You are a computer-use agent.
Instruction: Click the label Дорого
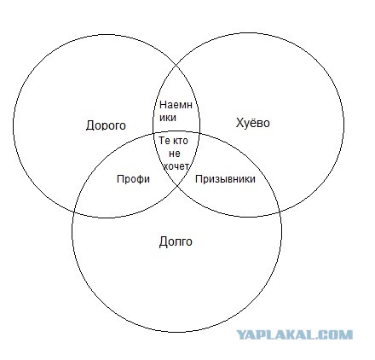(106, 125)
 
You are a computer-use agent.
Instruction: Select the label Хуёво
(253, 123)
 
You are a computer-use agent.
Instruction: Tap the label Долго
(176, 241)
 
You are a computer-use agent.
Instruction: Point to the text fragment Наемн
(176, 105)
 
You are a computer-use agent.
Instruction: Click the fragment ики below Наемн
(168, 118)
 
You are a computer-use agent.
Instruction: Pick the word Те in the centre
(164, 140)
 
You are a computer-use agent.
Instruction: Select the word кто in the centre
(180, 141)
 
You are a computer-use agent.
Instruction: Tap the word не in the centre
(175, 154)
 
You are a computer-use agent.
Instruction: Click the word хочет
(176, 166)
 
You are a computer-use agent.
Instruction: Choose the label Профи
(133, 179)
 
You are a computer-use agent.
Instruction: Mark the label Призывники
(225, 179)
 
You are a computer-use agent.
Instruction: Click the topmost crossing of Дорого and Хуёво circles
(177, 65)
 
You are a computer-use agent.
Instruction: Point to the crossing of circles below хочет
(178, 186)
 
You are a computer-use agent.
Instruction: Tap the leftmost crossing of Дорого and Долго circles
(74, 212)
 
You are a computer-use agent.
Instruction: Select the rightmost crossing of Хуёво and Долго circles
(280, 212)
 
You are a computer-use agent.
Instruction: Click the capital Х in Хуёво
(239, 123)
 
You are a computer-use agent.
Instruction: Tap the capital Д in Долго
(163, 241)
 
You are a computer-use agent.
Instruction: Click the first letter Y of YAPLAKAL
(242, 334)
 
